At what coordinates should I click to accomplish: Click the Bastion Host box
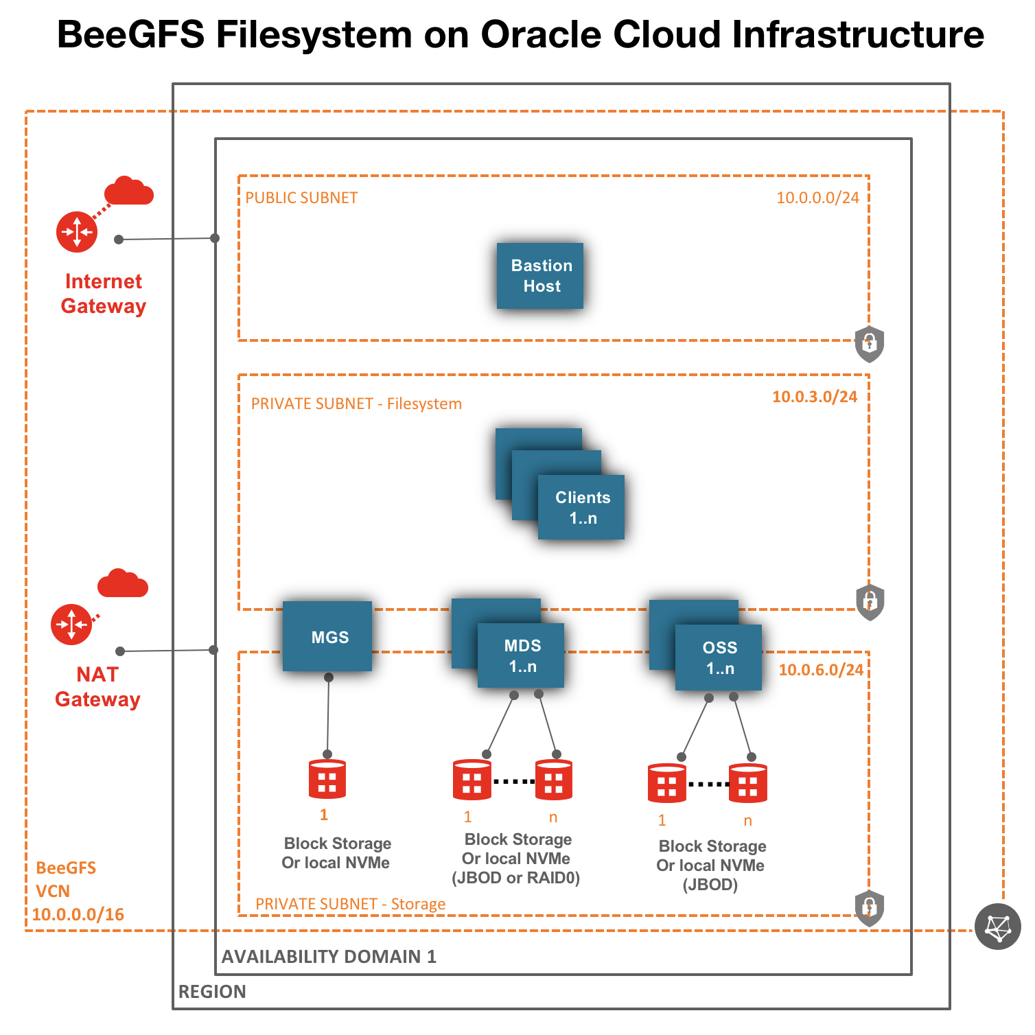click(x=540, y=276)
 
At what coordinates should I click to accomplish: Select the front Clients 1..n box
click(x=581, y=507)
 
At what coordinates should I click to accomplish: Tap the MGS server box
click(x=327, y=636)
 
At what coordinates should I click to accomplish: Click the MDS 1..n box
click(x=521, y=655)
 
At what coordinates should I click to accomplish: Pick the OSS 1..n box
click(x=719, y=658)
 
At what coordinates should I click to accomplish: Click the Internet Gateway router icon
click(x=77, y=232)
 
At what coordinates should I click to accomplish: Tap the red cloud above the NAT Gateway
click(x=123, y=584)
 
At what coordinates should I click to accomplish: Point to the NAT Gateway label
click(x=97, y=686)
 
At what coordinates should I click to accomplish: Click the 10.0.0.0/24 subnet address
click(x=817, y=198)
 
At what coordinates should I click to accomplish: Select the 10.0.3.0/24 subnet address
click(x=815, y=397)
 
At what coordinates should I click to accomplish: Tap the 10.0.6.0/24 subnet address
click(x=821, y=670)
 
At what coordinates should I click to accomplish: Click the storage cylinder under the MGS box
click(x=327, y=780)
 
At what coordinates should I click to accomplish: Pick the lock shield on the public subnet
click(x=869, y=344)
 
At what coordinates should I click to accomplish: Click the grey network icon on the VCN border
click(x=997, y=927)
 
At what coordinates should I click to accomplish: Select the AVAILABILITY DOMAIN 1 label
click(x=329, y=956)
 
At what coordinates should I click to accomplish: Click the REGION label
click(x=212, y=991)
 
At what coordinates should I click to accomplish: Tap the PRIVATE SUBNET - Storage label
click(x=350, y=904)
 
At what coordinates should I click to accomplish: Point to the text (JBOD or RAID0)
click(x=516, y=878)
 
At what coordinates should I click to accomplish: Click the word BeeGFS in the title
click(x=130, y=34)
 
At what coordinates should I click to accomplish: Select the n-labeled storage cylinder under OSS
click(x=747, y=783)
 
